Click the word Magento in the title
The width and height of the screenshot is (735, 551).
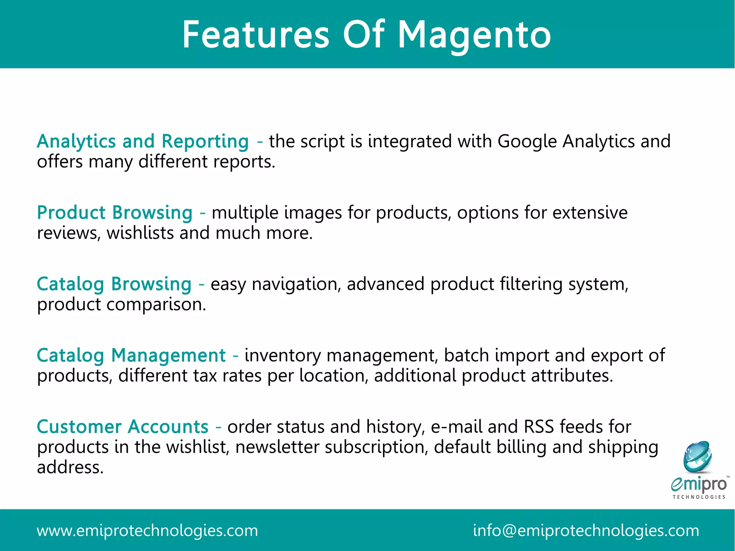point(474,35)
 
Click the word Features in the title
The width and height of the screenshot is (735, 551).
point(256,35)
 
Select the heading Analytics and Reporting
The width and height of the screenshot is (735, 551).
point(142,141)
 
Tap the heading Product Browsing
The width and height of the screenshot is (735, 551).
point(115,213)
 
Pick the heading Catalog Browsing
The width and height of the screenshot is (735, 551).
point(114,284)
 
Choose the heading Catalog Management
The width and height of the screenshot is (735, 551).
point(131,355)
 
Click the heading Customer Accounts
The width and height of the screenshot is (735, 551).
point(122,427)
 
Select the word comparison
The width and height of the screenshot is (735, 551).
point(156,305)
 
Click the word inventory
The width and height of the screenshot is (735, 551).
point(283,356)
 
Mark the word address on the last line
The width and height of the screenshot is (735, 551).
point(70,467)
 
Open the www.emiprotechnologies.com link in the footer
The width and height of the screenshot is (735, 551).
point(147,531)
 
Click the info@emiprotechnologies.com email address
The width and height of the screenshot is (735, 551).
point(586,531)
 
